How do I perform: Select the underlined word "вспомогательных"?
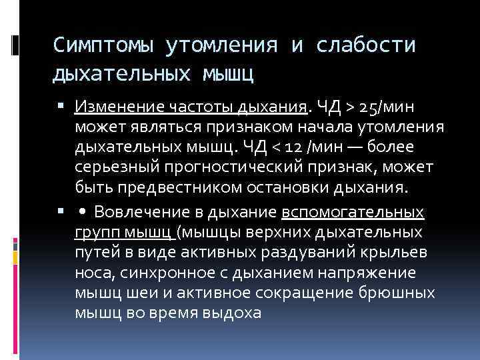coord(353,213)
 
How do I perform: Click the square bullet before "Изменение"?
coord(61,107)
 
